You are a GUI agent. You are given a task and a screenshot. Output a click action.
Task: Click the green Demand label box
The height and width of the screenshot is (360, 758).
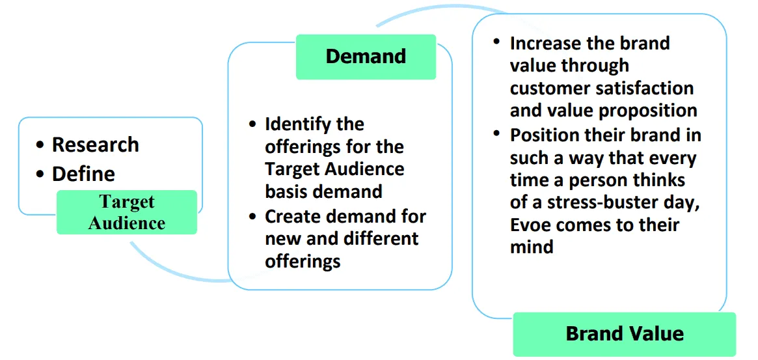tap(366, 57)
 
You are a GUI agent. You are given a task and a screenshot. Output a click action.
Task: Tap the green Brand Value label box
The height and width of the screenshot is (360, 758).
tap(625, 335)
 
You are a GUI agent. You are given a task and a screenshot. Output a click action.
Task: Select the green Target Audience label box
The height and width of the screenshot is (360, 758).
tap(127, 212)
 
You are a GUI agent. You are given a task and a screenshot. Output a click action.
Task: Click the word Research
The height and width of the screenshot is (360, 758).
tap(95, 145)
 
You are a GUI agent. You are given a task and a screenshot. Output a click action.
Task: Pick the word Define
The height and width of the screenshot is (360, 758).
tap(83, 174)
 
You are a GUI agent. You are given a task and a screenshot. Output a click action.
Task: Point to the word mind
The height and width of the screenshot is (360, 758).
tap(532, 247)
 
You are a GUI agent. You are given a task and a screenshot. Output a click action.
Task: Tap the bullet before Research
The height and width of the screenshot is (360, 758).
tap(41, 145)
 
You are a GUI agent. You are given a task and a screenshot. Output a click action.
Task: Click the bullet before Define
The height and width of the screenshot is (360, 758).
tap(41, 174)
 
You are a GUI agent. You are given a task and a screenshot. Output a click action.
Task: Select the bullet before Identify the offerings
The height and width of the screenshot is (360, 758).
tap(252, 124)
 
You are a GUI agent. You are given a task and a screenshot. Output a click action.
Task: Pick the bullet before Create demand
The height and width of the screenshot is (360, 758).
tap(252, 216)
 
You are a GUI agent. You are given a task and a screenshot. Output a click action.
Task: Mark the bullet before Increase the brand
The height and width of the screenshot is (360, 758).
tap(497, 42)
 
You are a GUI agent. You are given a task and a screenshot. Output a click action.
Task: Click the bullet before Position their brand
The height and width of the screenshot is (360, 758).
tap(497, 134)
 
